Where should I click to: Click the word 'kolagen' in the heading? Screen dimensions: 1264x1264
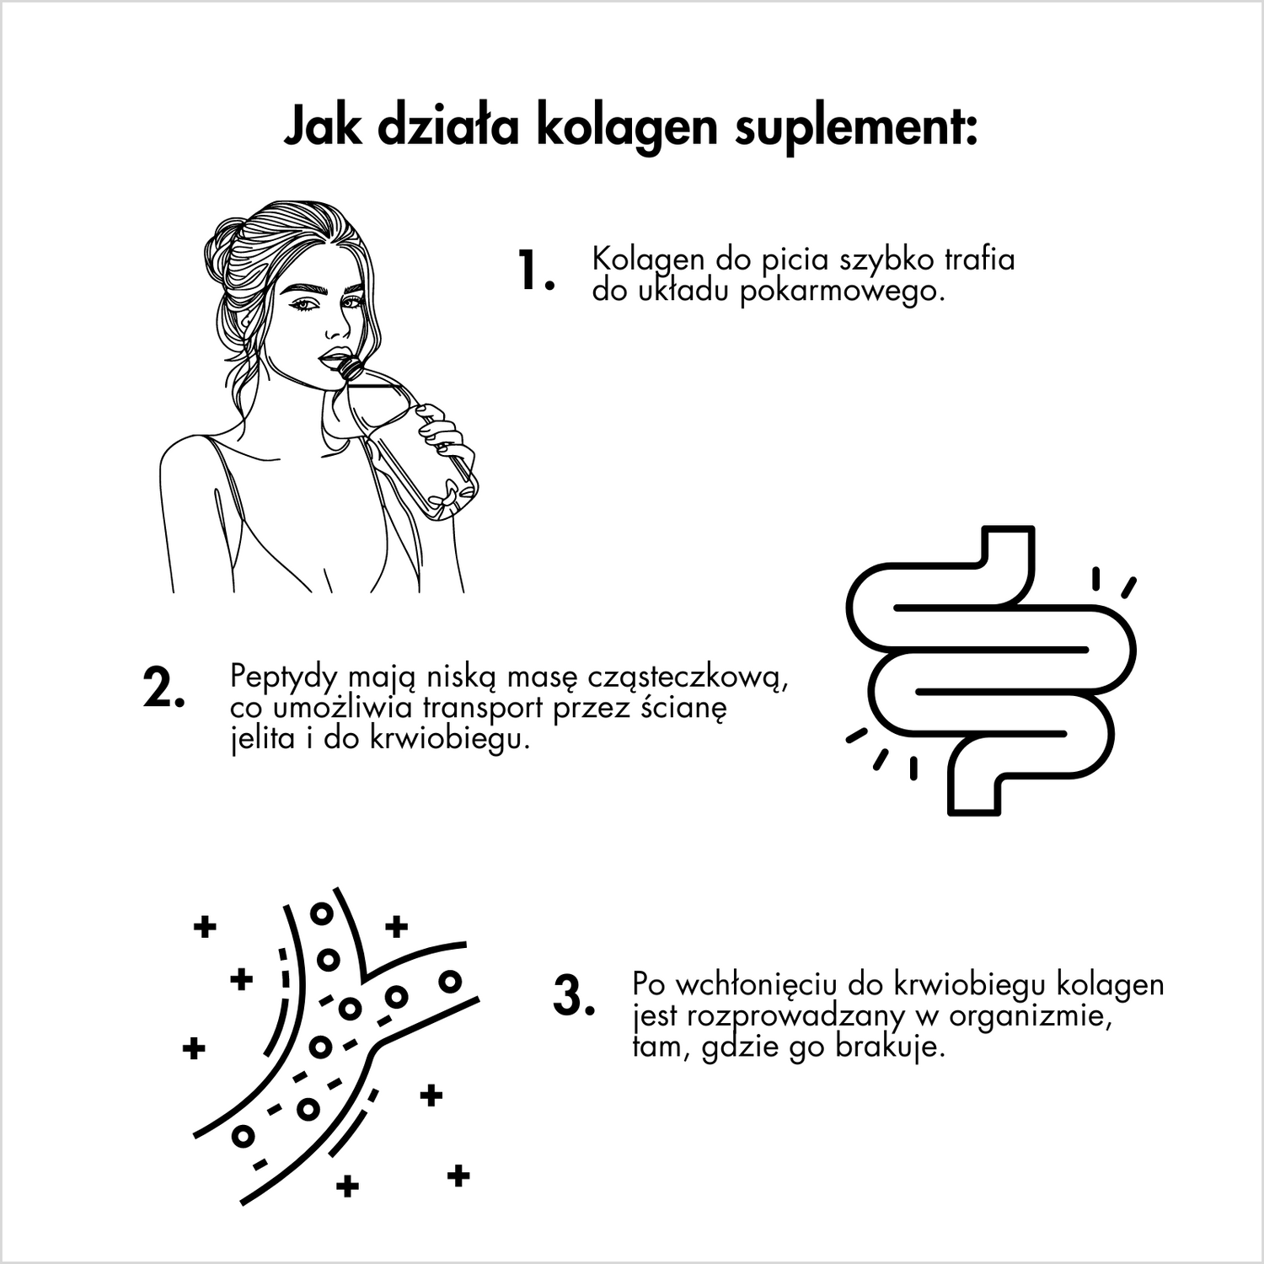[627, 129]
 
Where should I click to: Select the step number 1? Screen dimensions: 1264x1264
[537, 271]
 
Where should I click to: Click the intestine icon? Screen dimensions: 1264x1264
[991, 671]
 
